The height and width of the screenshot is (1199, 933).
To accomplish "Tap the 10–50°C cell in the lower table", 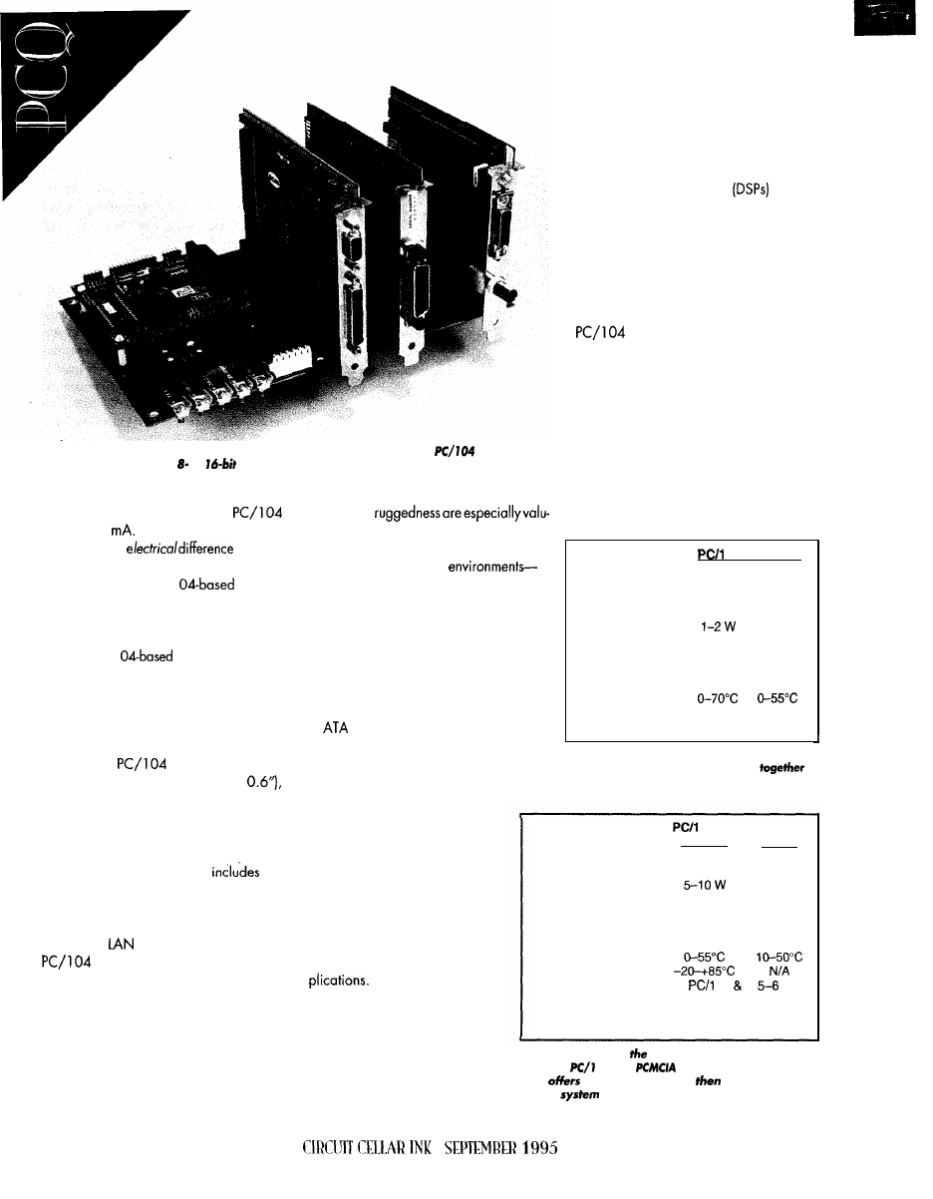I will [781, 952].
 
